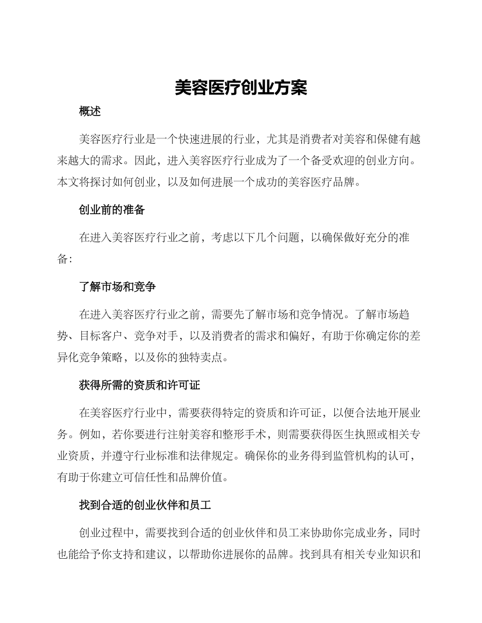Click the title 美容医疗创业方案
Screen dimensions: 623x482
pos(241,88)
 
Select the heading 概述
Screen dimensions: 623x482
pos(90,112)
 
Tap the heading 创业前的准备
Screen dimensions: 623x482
pos(112,210)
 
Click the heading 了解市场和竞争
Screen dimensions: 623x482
pos(118,287)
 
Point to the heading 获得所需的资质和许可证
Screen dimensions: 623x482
pos(140,385)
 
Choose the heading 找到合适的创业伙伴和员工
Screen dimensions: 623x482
pos(145,505)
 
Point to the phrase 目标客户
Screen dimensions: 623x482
pos(101,336)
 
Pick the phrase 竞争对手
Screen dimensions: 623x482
pos(156,336)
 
